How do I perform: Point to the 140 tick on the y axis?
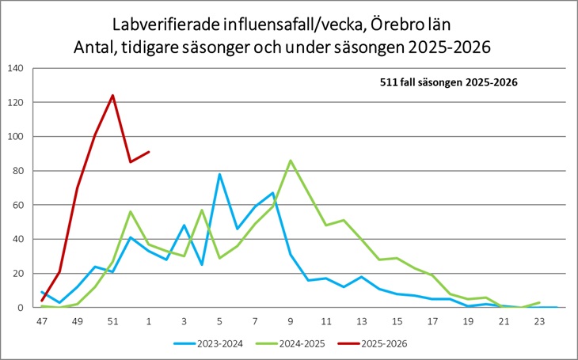tap(14, 68)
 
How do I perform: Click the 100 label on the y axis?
tap(14, 137)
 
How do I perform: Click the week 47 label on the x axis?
tap(41, 322)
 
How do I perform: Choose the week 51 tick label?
tap(112, 322)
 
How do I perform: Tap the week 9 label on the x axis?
tap(291, 322)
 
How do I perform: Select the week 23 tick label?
tap(539, 322)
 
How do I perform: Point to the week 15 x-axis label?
tap(397, 322)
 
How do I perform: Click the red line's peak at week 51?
tap(112, 96)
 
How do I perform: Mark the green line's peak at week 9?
tap(291, 161)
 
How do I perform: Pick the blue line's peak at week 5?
tap(219, 174)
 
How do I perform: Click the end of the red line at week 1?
tap(148, 152)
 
